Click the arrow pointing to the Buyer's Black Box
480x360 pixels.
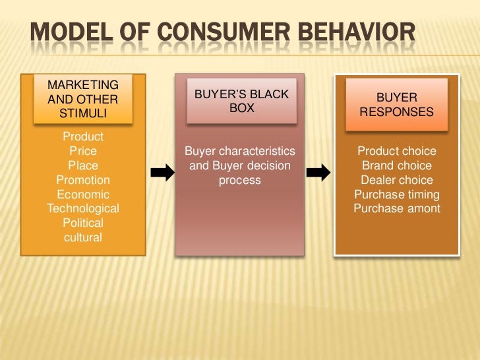pyautogui.click(x=162, y=173)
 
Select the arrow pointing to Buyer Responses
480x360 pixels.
pyautogui.click(x=319, y=173)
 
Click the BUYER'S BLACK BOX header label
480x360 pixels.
pyautogui.click(x=241, y=101)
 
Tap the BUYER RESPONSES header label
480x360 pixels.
pyautogui.click(x=396, y=105)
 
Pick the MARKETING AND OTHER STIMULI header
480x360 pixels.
pyautogui.click(x=83, y=99)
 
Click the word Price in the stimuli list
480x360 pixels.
pyautogui.click(x=83, y=151)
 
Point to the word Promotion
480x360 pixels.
pyautogui.click(x=83, y=180)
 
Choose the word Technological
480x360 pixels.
pyautogui.click(x=83, y=209)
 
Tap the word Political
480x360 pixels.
pyautogui.click(x=83, y=224)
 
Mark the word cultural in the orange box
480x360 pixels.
pyautogui.click(x=83, y=237)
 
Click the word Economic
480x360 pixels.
pyautogui.click(x=83, y=195)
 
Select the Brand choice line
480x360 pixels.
pyautogui.click(x=396, y=166)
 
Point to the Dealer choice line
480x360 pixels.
pyautogui.click(x=396, y=181)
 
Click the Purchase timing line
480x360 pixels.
pyautogui.click(x=396, y=195)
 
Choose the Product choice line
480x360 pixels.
pyautogui.click(x=396, y=152)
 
